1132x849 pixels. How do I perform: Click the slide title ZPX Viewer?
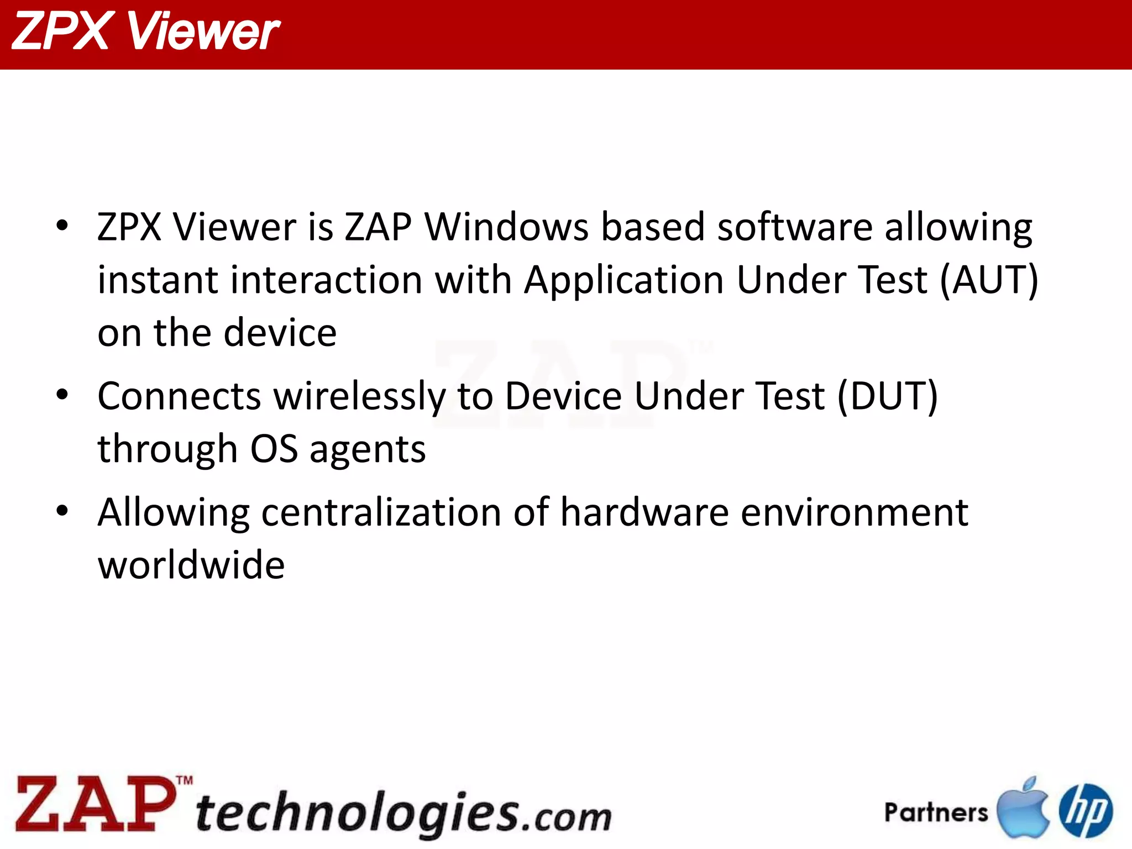tap(145, 32)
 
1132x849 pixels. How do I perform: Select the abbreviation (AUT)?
tap(989, 280)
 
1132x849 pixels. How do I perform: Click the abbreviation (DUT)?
tap(888, 396)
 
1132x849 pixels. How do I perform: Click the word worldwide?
tap(191, 565)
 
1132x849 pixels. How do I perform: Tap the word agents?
tap(368, 449)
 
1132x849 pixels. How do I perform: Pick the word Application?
tap(623, 281)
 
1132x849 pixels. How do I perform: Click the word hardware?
tap(644, 512)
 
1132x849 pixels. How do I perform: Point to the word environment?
tap(854, 512)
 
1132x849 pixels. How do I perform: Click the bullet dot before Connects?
tap(62, 395)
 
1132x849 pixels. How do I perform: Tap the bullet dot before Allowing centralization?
tap(62, 511)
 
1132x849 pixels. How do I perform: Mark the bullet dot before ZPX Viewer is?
tap(62, 226)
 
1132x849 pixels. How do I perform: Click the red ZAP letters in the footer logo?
tap(94, 804)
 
